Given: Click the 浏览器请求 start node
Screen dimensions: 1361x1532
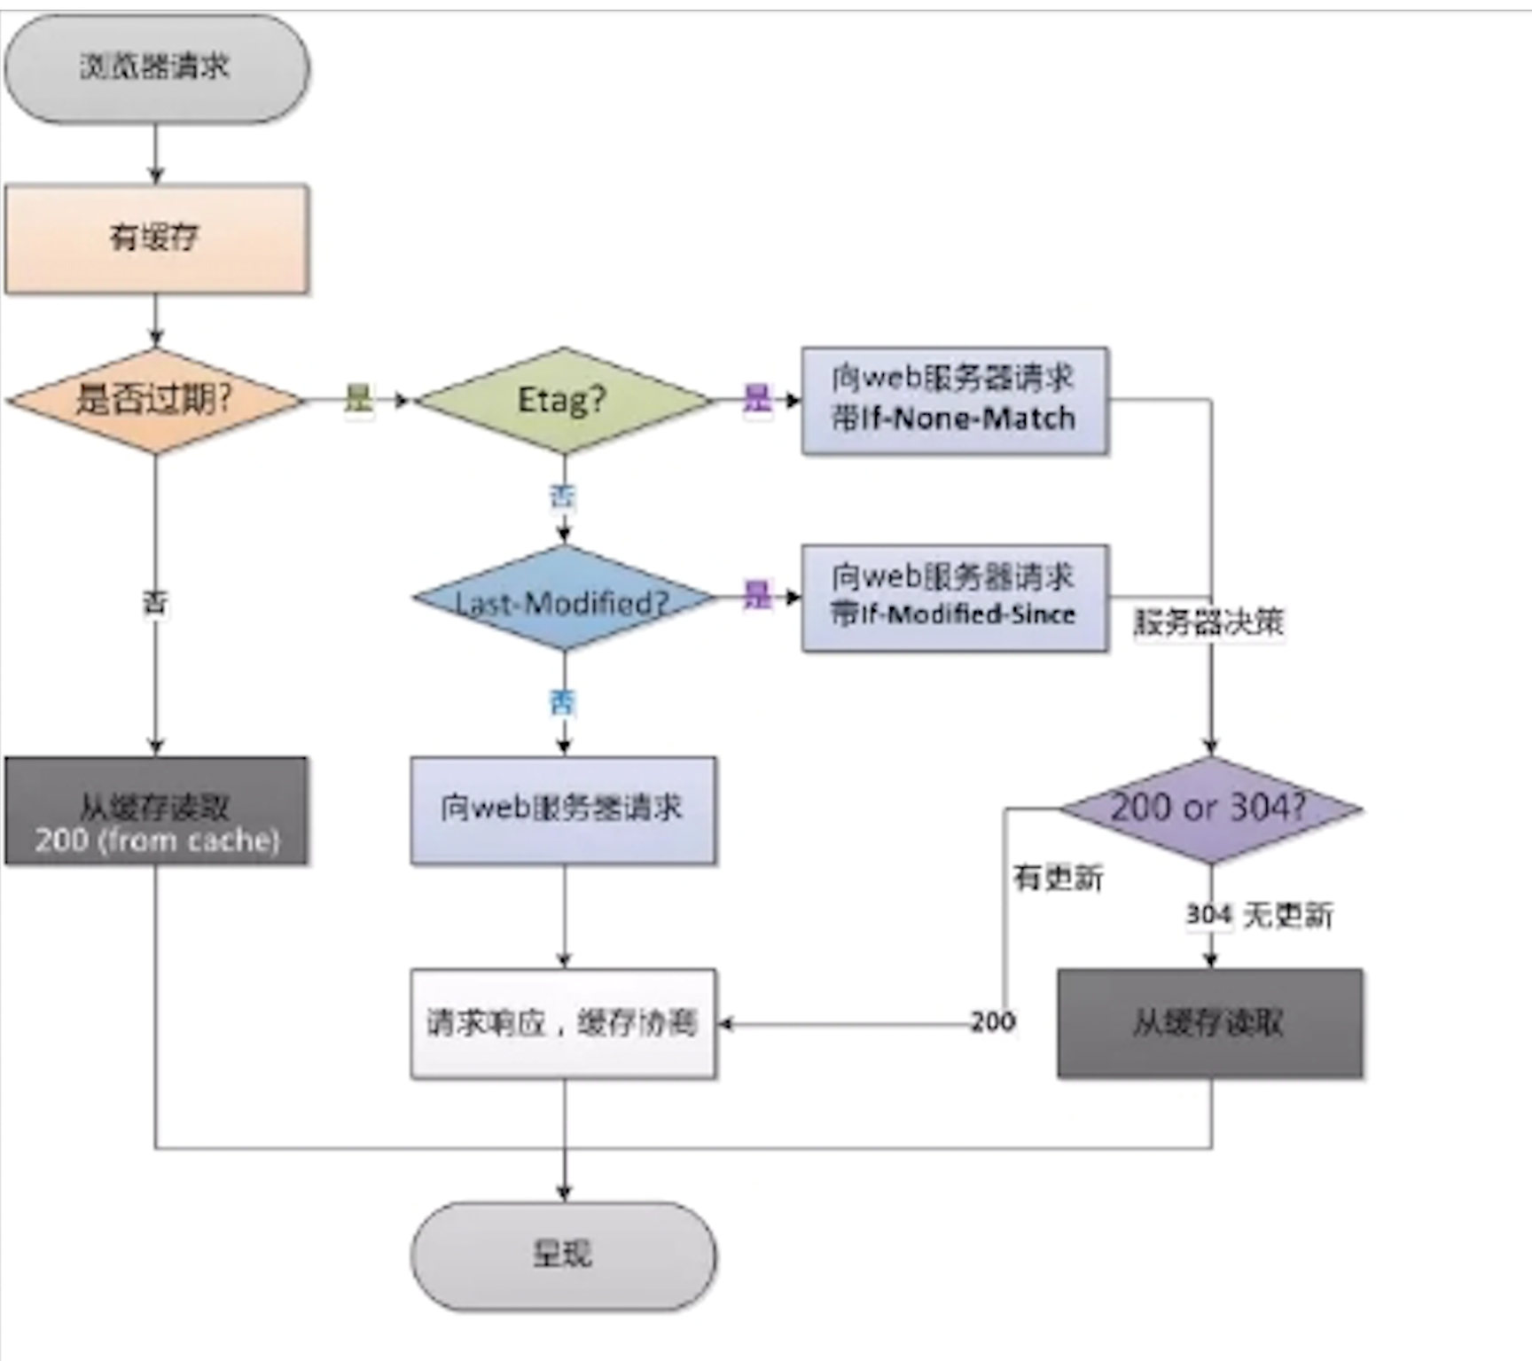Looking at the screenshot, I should click(157, 68).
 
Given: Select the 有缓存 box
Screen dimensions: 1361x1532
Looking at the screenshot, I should click(157, 239).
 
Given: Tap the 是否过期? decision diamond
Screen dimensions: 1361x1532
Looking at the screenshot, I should click(155, 400).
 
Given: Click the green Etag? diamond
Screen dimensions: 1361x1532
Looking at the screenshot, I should click(564, 400).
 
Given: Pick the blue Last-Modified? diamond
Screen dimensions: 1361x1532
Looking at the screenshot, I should click(564, 600).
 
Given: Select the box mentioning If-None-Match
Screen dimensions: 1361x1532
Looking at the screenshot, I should click(954, 400).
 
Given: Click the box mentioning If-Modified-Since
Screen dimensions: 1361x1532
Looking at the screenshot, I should click(954, 598).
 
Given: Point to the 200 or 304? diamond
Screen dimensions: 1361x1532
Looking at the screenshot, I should click(1209, 809).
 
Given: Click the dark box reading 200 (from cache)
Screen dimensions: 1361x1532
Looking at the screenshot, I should click(157, 810).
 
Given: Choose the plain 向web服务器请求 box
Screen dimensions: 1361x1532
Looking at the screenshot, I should click(563, 810).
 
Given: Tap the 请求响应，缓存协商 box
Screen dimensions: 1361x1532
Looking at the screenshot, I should click(563, 1023).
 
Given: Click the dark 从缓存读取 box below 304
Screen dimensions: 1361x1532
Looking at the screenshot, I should click(1209, 1023).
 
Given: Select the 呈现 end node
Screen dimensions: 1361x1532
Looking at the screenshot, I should click(563, 1255).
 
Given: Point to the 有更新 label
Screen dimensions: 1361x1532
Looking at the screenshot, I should click(1059, 878).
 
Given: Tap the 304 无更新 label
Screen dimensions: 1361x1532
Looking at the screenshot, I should click(1260, 915).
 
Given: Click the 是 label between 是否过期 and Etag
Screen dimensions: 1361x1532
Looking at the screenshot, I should click(358, 399).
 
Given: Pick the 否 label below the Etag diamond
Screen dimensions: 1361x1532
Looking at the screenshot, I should click(563, 497).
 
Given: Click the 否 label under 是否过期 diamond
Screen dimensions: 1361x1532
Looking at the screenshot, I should click(155, 604).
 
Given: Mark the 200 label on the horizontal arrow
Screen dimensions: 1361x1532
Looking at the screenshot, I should click(993, 1022).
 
